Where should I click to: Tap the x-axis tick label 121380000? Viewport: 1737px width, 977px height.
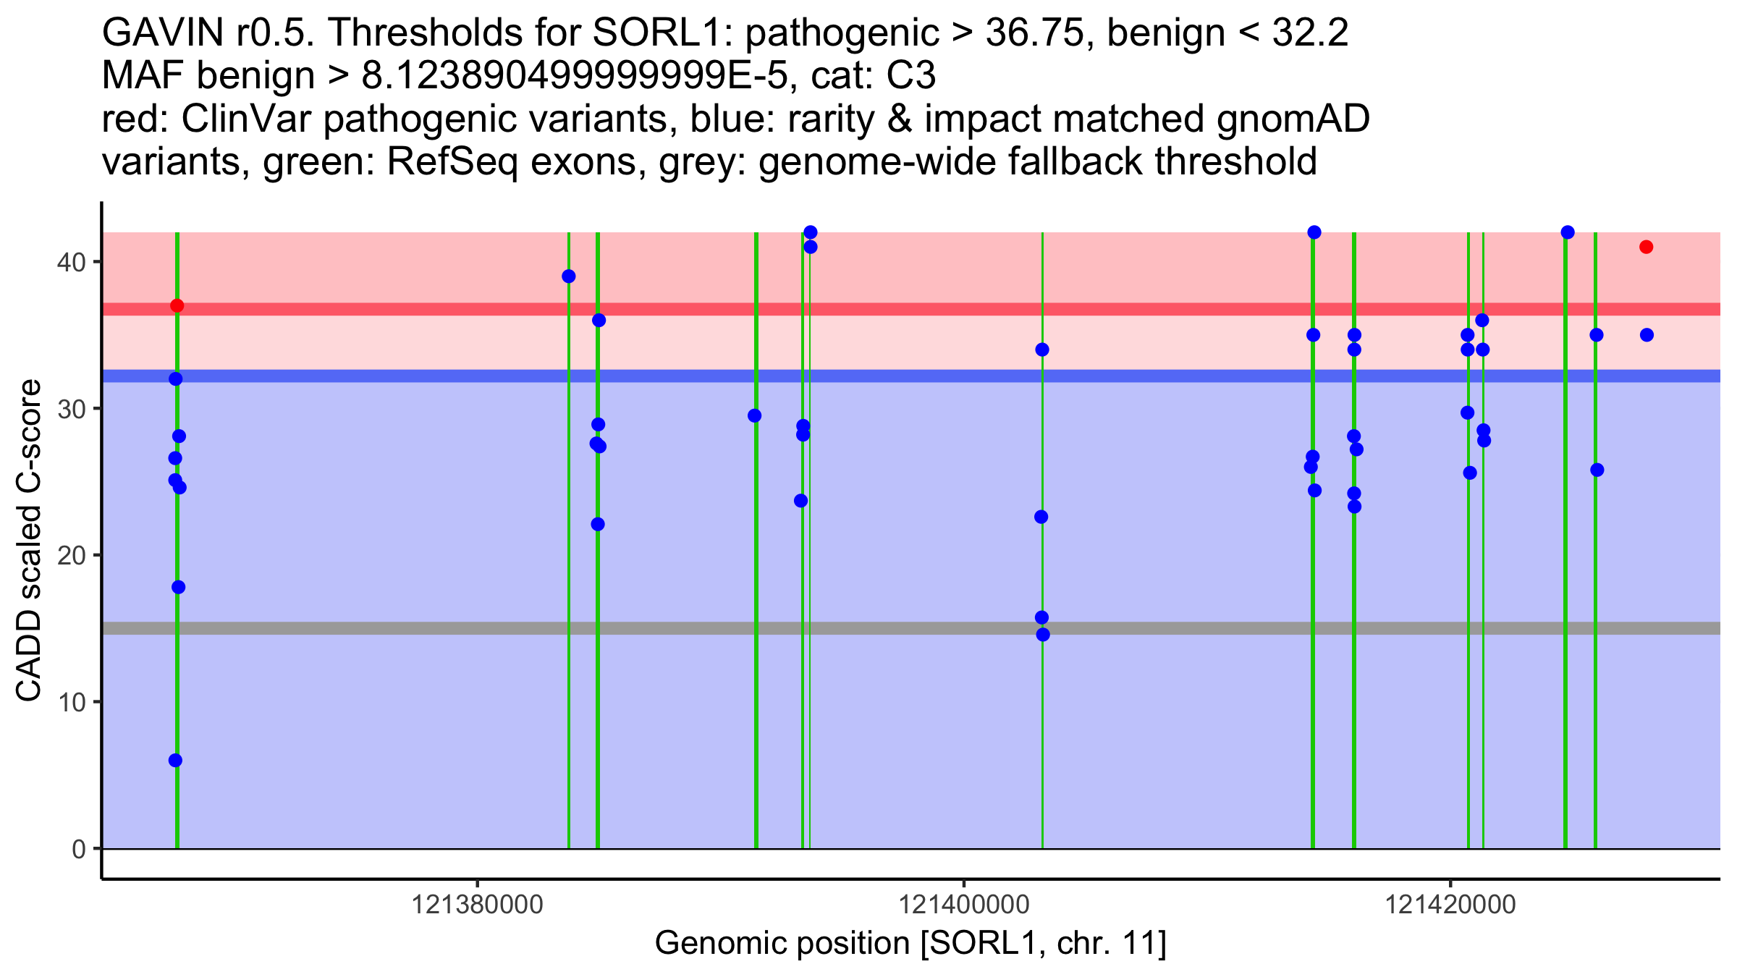[477, 905]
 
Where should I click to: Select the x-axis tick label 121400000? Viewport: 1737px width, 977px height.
[963, 905]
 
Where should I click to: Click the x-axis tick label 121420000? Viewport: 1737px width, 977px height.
[1450, 905]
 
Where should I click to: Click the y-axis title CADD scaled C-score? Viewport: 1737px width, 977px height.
[29, 541]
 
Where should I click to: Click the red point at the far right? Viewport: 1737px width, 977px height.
[1647, 248]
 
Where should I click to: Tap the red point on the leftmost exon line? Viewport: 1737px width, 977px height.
[177, 306]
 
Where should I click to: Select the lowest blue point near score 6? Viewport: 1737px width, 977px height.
[175, 761]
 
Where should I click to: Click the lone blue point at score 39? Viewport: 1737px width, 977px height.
[569, 276]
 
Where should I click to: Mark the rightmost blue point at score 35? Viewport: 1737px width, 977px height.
[1647, 335]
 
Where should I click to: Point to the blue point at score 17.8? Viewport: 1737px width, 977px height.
[178, 587]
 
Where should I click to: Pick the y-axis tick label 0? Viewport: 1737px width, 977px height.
[78, 849]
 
